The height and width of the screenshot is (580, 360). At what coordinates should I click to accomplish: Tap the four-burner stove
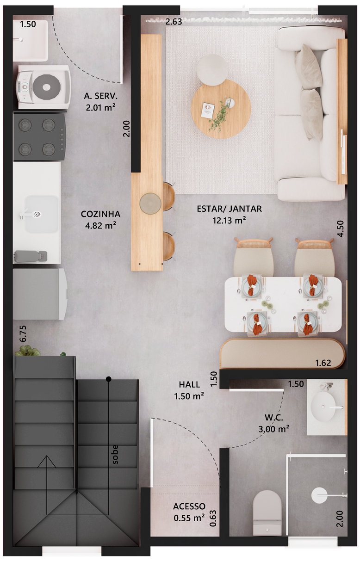[x=39, y=136]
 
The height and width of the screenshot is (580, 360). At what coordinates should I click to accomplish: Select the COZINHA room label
[x=100, y=214]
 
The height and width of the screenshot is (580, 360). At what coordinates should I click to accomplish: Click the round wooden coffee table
[x=221, y=109]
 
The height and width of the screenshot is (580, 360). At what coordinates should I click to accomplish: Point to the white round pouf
[x=212, y=70]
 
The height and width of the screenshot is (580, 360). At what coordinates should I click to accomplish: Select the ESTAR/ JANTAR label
[x=229, y=209]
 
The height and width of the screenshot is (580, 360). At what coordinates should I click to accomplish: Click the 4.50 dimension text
[x=341, y=228]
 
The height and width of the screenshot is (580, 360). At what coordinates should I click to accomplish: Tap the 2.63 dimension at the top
[x=174, y=22]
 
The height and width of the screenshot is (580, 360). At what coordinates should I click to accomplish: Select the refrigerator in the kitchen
[x=40, y=294]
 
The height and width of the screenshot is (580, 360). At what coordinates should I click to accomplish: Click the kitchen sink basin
[x=42, y=214]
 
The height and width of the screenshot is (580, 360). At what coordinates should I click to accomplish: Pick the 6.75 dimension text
[x=23, y=333]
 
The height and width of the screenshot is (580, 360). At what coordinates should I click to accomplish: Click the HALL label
[x=189, y=384]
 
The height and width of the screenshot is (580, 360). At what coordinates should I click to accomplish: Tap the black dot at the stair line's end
[x=109, y=379]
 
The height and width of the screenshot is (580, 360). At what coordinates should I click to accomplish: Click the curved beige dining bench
[x=282, y=353]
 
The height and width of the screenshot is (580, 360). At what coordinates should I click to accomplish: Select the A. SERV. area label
[x=100, y=96]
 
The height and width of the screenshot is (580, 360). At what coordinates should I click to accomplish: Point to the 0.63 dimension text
[x=213, y=518]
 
